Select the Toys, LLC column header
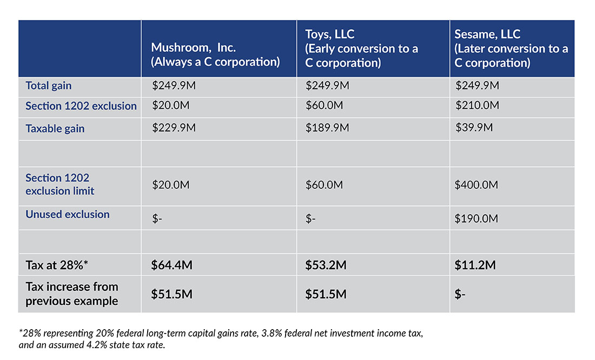click(x=361, y=48)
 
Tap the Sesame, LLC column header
click(x=511, y=48)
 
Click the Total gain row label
click(x=49, y=86)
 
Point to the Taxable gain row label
click(x=55, y=129)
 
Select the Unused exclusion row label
click(x=67, y=214)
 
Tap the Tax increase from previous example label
click(x=71, y=294)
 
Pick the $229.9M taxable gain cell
click(x=174, y=128)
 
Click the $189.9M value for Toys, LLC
click(x=327, y=128)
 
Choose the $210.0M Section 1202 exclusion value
click(x=477, y=106)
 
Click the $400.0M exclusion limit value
click(x=477, y=185)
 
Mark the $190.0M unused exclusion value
click(x=477, y=219)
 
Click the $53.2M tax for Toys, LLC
click(x=326, y=266)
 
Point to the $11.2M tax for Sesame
click(x=475, y=266)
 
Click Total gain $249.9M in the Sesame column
click(x=477, y=86)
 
